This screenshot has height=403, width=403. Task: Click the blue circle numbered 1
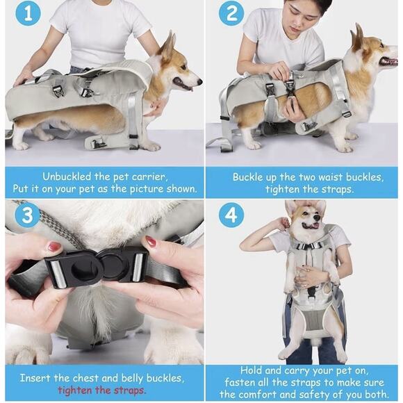27,13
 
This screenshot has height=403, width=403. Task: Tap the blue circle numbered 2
231,13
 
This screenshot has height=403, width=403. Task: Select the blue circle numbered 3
27,215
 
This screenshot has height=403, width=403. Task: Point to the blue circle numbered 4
231,215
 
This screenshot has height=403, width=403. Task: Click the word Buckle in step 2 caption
248,176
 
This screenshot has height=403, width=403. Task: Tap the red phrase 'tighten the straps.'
101,390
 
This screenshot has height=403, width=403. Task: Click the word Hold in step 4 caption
252,371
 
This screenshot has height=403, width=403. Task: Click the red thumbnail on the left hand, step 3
54,247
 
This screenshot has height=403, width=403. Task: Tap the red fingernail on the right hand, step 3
151,241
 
